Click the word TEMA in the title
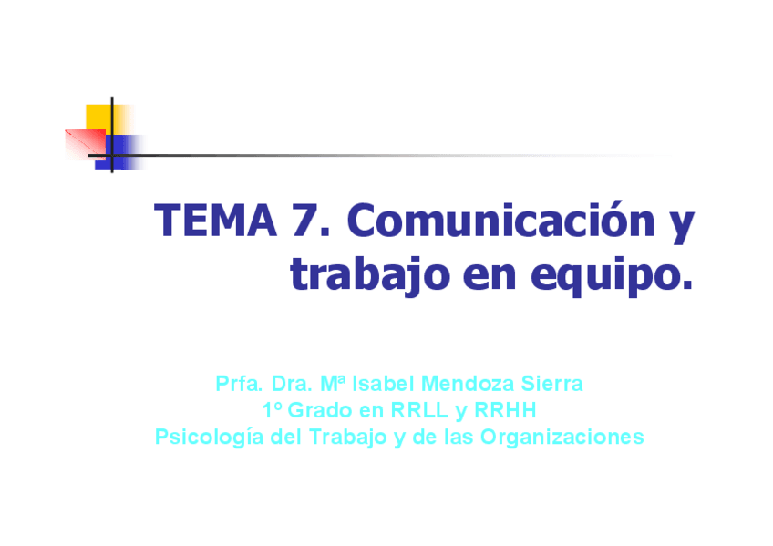(215, 221)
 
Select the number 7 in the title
(304, 221)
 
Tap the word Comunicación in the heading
(501, 220)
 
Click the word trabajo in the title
(370, 274)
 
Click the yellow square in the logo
(103, 118)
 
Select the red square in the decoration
(86, 144)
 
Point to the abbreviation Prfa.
(239, 384)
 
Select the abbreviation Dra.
(292, 384)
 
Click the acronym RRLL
(419, 410)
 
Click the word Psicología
(210, 438)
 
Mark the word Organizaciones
(562, 438)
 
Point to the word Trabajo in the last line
(348, 438)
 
